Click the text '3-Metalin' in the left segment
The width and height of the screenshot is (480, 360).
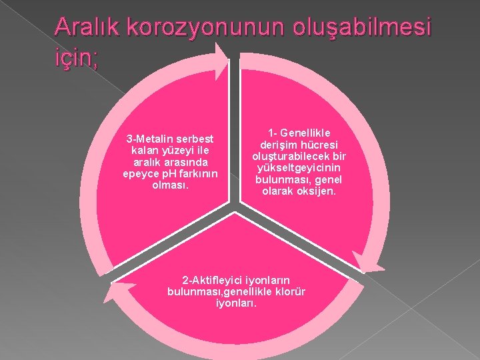pos(151,139)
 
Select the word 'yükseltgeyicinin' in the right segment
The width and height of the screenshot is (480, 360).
pos(299,168)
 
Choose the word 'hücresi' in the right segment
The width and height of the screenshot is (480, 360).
pos(318,145)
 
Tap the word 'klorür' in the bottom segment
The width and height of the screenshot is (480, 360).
pos(291,292)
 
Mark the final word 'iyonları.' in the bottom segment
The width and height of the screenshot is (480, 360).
pos(237,304)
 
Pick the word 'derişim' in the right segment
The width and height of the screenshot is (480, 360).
pos(279,145)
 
